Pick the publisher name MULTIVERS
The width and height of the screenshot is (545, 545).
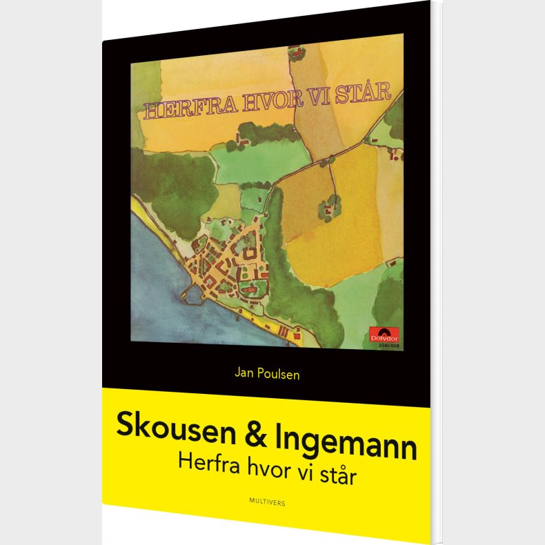266,503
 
